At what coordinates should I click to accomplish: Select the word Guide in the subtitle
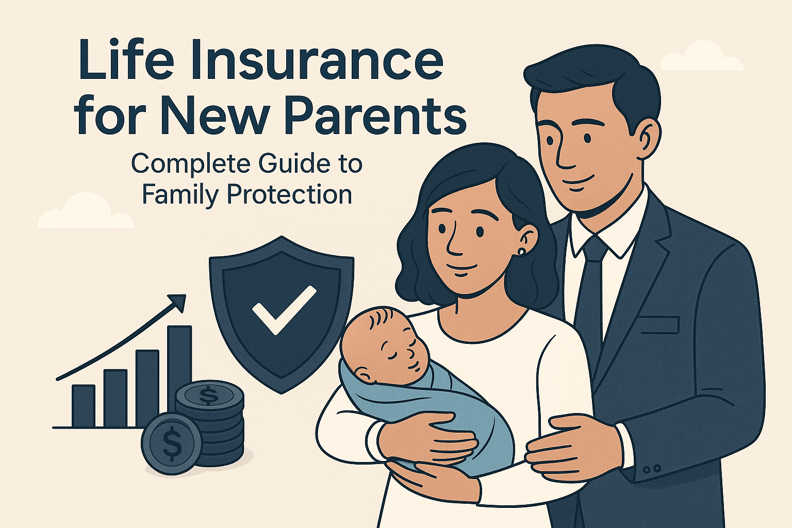pyautogui.click(x=281, y=164)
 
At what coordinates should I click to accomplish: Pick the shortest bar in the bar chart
pyautogui.click(x=84, y=406)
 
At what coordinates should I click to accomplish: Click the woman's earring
pyautogui.click(x=522, y=252)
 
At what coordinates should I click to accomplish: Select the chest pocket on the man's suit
pyautogui.click(x=658, y=324)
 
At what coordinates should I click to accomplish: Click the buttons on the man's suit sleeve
pyautogui.click(x=652, y=469)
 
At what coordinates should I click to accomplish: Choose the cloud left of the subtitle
pyautogui.click(x=85, y=212)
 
